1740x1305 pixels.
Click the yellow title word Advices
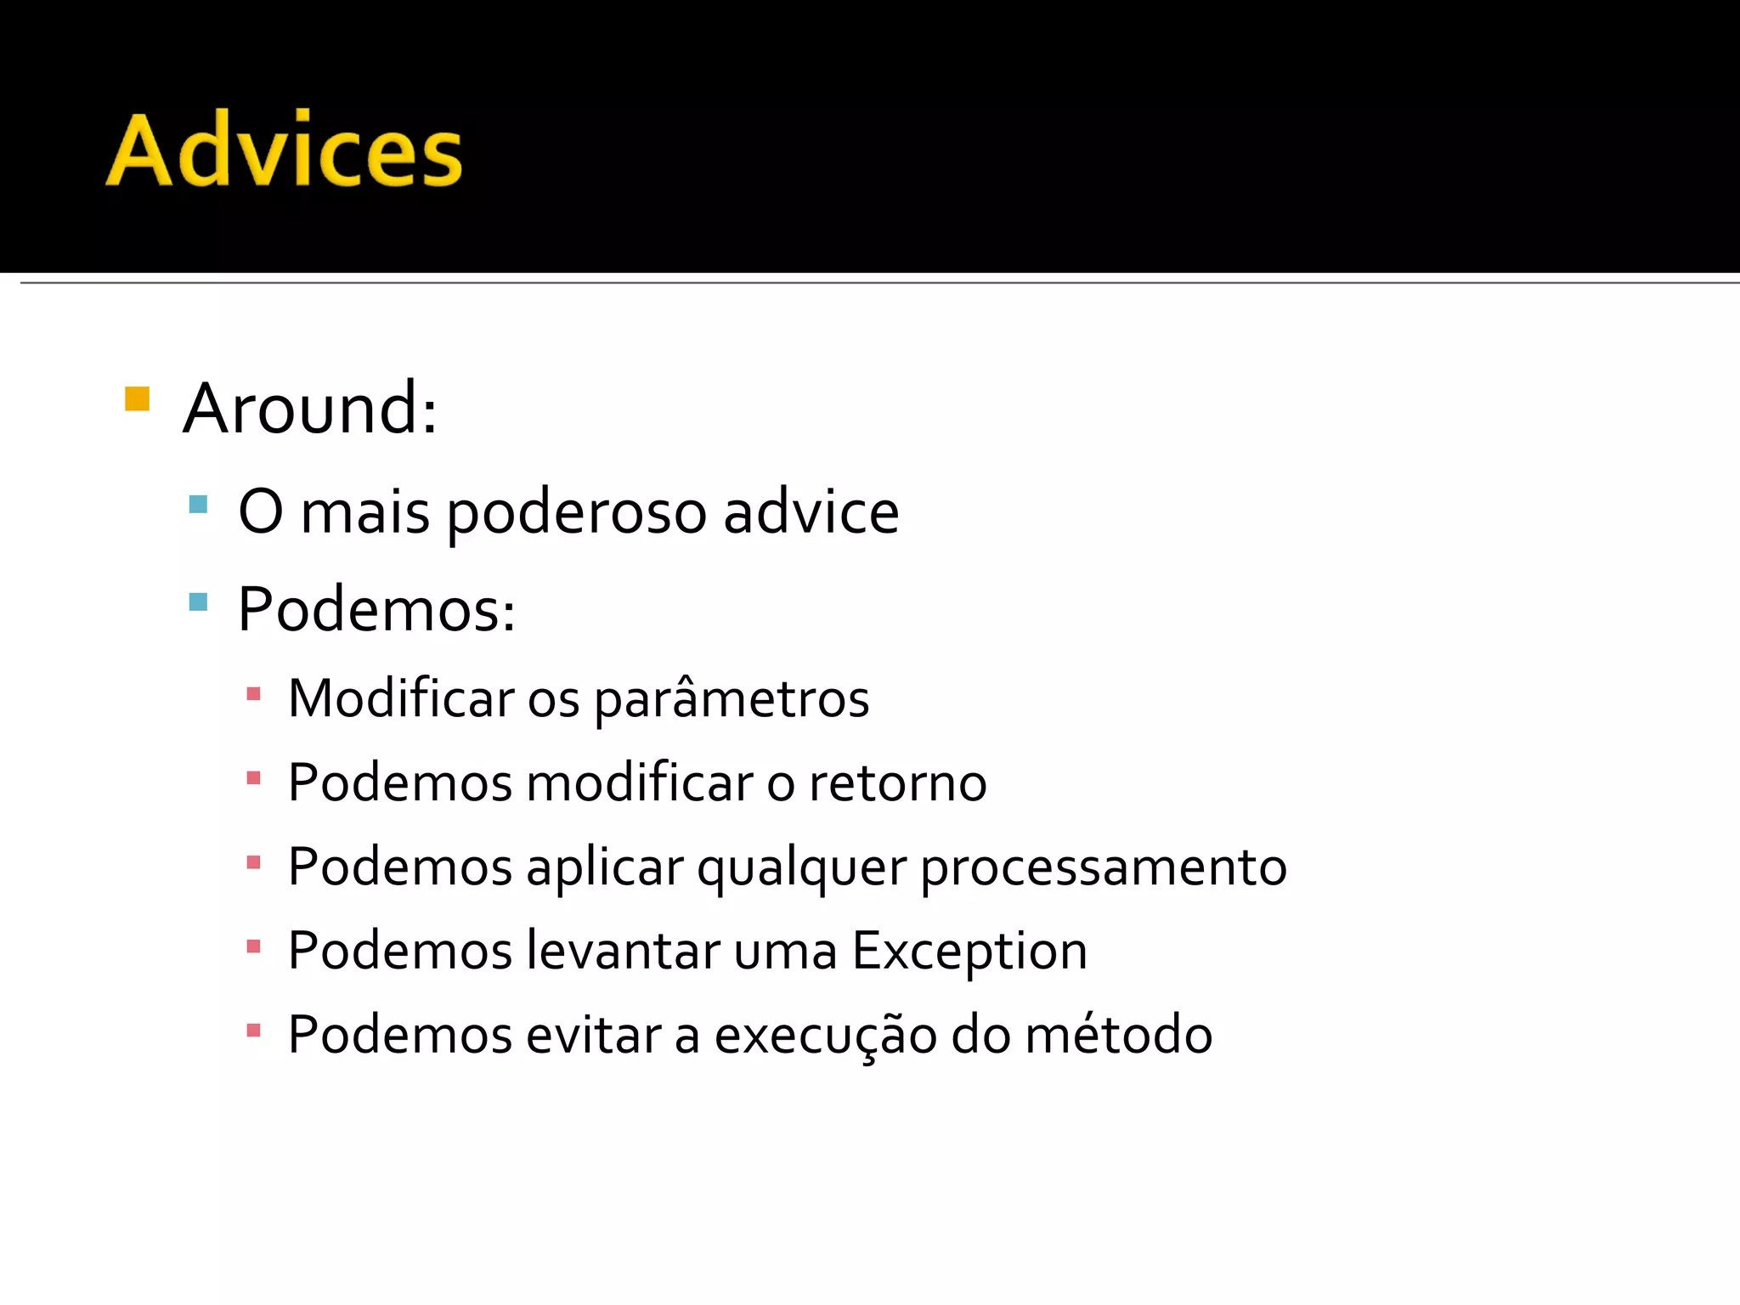pyautogui.click(x=285, y=150)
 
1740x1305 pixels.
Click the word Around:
pyautogui.click(x=311, y=409)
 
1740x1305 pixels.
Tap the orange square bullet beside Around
pyautogui.click(x=137, y=398)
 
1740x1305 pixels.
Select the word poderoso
pyautogui.click(x=577, y=513)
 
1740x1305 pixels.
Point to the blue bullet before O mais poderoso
pyautogui.click(x=198, y=505)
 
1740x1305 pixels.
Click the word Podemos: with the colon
pyautogui.click(x=376, y=609)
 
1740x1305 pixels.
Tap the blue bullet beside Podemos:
pyautogui.click(x=198, y=602)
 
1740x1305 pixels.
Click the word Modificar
pyautogui.click(x=401, y=698)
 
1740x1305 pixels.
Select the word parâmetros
pyautogui.click(x=732, y=700)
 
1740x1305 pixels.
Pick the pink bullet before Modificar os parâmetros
pyautogui.click(x=252, y=694)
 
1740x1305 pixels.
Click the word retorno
pyautogui.click(x=897, y=782)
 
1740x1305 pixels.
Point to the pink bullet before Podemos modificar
pyautogui.click(x=252, y=777)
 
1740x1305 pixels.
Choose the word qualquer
pyautogui.click(x=802, y=868)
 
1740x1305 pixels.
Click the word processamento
pyautogui.click(x=1104, y=868)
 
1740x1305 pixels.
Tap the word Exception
pyautogui.click(x=969, y=952)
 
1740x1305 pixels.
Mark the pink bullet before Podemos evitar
pyautogui.click(x=252, y=1031)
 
